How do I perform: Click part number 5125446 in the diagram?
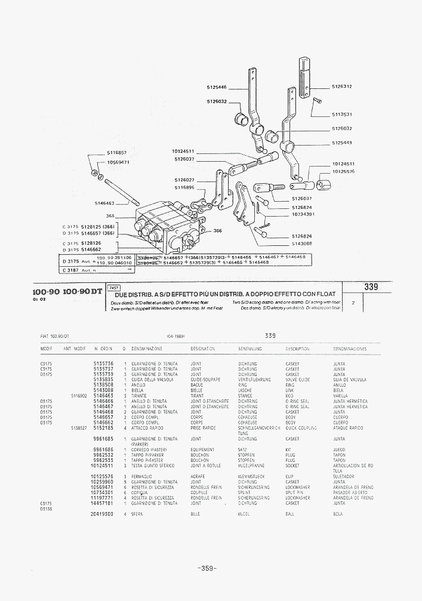(x=217, y=87)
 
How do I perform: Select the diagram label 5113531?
(x=342, y=114)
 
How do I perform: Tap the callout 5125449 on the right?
(x=342, y=143)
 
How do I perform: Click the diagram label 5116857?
(x=117, y=153)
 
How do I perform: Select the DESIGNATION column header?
(x=203, y=349)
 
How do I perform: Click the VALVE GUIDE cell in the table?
(x=297, y=380)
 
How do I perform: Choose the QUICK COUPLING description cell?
(x=302, y=428)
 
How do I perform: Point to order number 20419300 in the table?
(x=103, y=514)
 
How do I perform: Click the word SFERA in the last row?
(x=138, y=514)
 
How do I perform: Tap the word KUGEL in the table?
(x=244, y=514)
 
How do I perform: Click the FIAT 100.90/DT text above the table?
(x=56, y=336)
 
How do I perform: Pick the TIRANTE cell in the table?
(x=140, y=396)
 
